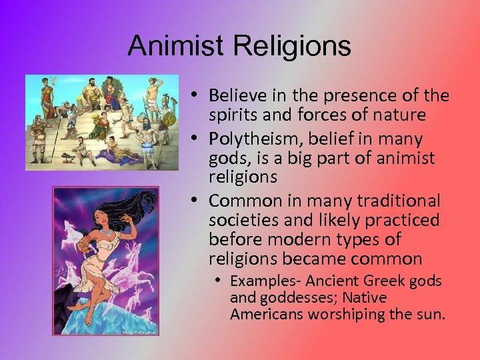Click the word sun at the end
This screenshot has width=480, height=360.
pos(431,314)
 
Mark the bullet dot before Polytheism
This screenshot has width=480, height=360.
pos(199,139)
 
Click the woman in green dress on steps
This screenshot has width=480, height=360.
pos(103,127)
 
